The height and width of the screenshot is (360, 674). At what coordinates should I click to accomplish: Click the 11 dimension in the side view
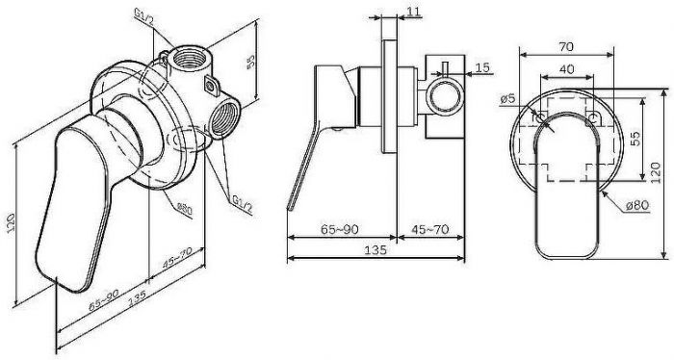[x=414, y=11]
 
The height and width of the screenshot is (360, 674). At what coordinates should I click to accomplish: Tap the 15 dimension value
[x=483, y=66]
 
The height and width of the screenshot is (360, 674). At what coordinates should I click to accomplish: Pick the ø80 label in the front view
[x=635, y=205]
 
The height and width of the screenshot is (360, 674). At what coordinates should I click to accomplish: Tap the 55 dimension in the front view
[x=635, y=136]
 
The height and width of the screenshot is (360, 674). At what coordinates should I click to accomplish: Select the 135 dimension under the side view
[x=376, y=248]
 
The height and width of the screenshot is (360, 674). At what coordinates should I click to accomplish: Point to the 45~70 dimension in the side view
[x=430, y=230]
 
